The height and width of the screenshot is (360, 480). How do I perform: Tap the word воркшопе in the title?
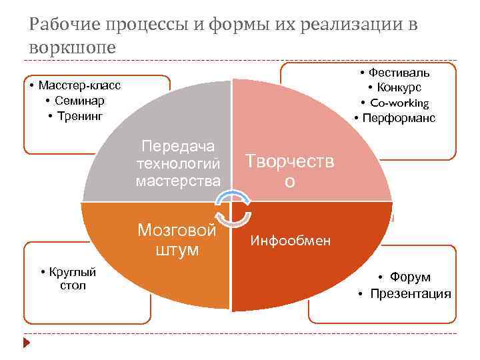[73, 47]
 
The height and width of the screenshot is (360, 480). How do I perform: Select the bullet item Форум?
[410, 277]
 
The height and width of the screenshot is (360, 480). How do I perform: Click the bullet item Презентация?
[410, 293]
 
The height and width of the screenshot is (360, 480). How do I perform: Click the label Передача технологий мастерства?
[178, 163]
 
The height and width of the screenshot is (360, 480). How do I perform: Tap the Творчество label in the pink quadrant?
[289, 170]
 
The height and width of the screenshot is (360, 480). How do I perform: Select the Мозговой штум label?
[177, 239]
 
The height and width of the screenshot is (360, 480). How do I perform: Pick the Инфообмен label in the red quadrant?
[290, 240]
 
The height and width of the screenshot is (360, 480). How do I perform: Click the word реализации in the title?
[351, 25]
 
